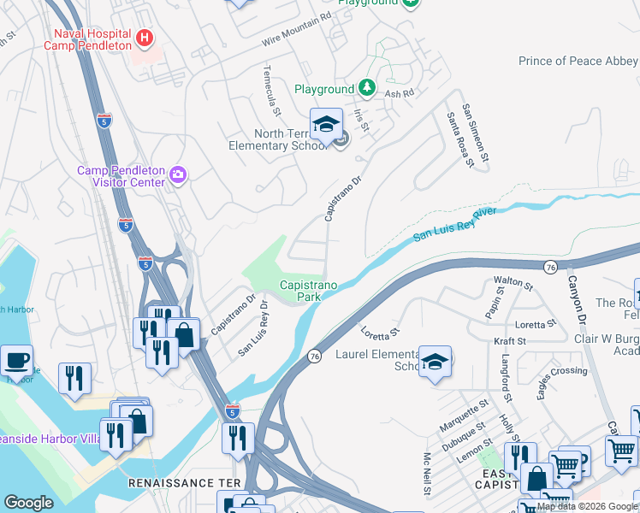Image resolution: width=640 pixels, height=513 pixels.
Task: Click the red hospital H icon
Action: click(144, 38)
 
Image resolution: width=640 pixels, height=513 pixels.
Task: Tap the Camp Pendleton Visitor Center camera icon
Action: click(178, 175)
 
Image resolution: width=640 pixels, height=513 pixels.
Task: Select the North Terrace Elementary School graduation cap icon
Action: click(326, 126)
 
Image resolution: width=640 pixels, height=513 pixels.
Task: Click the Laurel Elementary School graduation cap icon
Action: click(435, 362)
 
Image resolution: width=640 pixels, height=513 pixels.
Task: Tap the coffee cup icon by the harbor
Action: click(16, 361)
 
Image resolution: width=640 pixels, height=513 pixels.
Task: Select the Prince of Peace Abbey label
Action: click(578, 61)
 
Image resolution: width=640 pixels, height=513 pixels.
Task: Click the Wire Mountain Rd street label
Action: click(296, 30)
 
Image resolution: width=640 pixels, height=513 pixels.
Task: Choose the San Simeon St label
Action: click(476, 133)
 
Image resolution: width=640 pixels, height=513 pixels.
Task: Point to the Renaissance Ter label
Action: click(170, 483)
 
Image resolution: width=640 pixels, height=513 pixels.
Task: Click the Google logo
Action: click(28, 503)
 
